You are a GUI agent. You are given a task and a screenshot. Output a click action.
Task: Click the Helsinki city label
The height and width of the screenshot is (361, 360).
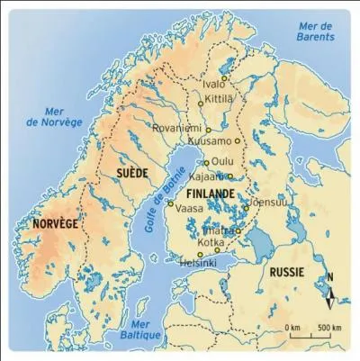(197, 263)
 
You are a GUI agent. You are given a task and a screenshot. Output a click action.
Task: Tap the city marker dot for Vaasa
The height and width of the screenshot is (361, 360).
(171, 204)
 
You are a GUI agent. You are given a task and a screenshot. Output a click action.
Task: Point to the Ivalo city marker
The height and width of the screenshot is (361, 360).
(224, 79)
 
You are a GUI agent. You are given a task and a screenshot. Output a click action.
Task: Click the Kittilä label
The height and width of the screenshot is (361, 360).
(220, 95)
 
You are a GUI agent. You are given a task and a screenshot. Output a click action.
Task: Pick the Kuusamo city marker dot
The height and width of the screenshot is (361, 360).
(238, 140)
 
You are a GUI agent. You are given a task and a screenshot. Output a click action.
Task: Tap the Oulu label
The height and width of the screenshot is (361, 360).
(221, 163)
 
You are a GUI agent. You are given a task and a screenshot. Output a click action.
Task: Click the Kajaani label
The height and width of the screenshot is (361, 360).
(209, 177)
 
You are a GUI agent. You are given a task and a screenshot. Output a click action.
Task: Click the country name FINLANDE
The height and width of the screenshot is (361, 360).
(209, 193)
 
